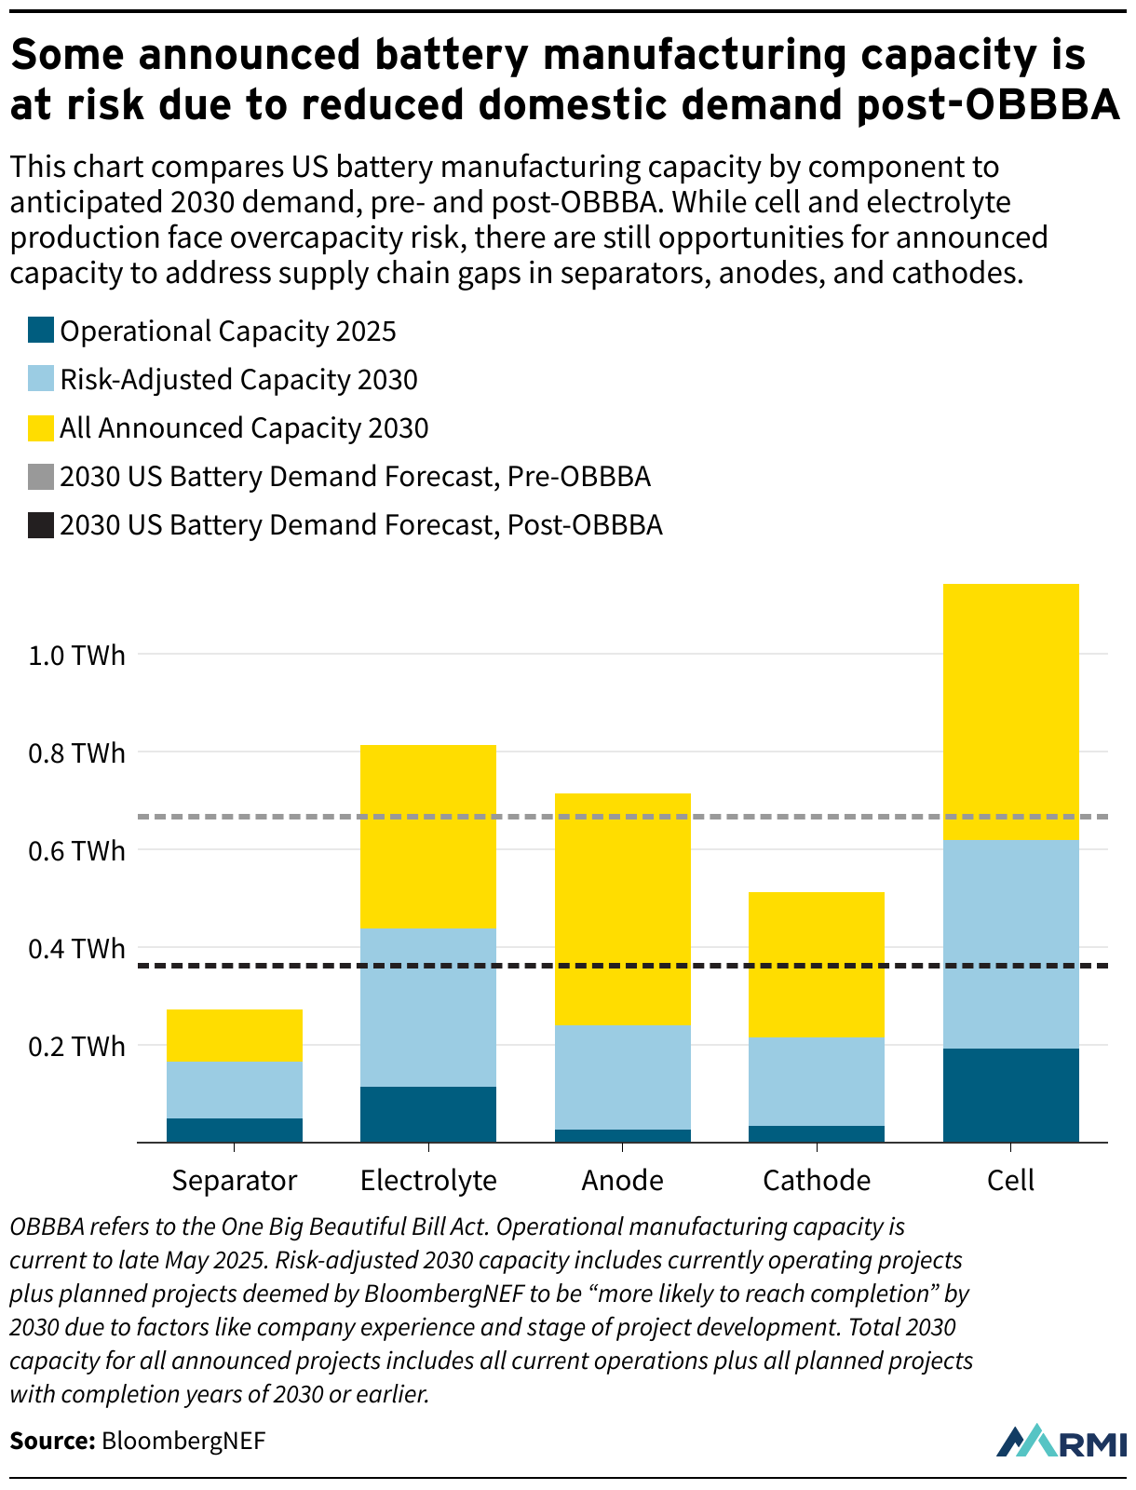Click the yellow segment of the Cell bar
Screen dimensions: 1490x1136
point(1010,711)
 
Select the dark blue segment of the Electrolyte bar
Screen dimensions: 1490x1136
point(428,1114)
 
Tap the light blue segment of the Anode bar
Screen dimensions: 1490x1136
point(622,1077)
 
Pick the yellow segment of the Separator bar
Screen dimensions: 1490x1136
point(235,1035)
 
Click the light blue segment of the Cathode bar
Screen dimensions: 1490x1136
point(817,1080)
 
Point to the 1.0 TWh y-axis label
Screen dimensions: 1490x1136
point(76,656)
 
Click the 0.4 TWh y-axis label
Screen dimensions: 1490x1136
point(76,949)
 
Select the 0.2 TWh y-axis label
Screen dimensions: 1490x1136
point(76,1047)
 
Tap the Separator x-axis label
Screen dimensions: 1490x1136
point(235,1181)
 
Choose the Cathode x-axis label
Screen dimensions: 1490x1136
point(817,1181)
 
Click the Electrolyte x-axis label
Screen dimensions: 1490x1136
point(428,1181)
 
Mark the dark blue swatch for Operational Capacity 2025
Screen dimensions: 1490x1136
point(41,331)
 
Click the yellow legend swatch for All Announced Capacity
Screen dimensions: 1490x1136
point(41,427)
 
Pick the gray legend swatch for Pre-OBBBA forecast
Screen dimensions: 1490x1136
point(41,476)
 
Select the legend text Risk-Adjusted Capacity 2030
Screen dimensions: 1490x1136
point(238,380)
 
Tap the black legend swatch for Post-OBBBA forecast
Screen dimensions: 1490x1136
point(41,524)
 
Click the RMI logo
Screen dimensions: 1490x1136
point(1061,1441)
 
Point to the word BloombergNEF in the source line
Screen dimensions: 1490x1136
point(183,1442)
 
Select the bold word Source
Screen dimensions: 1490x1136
point(52,1442)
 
